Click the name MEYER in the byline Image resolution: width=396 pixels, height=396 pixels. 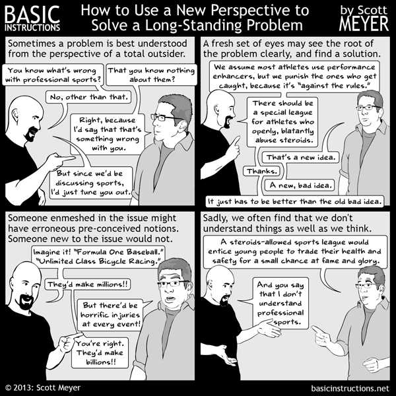365,24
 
